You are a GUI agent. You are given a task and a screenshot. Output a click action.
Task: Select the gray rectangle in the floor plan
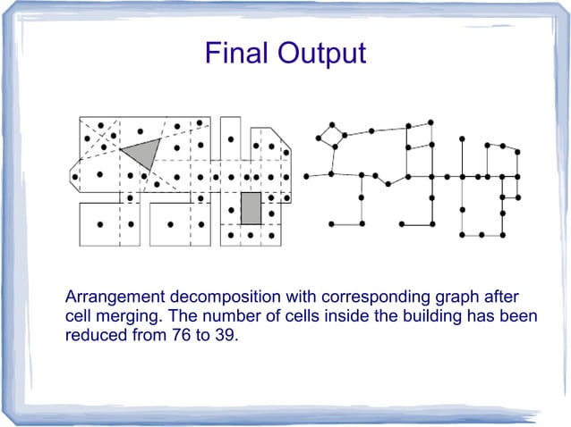251,208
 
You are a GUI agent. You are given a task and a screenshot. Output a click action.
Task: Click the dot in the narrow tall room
231,140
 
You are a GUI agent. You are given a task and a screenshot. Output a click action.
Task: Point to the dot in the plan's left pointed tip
76,176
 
